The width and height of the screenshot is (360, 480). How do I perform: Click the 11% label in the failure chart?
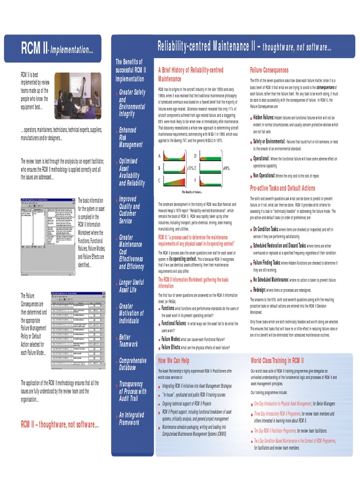pos(191,168)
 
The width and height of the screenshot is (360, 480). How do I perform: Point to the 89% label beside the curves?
pos(226,168)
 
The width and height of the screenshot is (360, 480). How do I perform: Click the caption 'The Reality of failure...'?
pos(192,192)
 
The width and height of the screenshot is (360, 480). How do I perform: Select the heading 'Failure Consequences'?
pos(269,70)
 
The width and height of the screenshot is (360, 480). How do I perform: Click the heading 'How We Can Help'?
pos(173,361)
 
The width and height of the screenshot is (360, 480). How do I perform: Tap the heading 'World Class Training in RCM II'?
pos(277,361)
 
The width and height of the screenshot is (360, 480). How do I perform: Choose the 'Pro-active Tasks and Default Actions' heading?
pos(283,188)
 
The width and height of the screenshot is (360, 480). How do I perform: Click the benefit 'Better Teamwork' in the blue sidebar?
pos(128,341)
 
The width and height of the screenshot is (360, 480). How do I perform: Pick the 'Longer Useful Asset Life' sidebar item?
pos(131,286)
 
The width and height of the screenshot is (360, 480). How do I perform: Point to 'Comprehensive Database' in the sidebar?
pos(133,364)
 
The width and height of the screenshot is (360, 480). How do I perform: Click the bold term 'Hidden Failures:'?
pos(263,118)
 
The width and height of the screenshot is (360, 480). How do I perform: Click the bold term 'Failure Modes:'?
pos(171,339)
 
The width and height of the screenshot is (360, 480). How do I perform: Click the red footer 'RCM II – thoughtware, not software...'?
pos(60,425)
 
